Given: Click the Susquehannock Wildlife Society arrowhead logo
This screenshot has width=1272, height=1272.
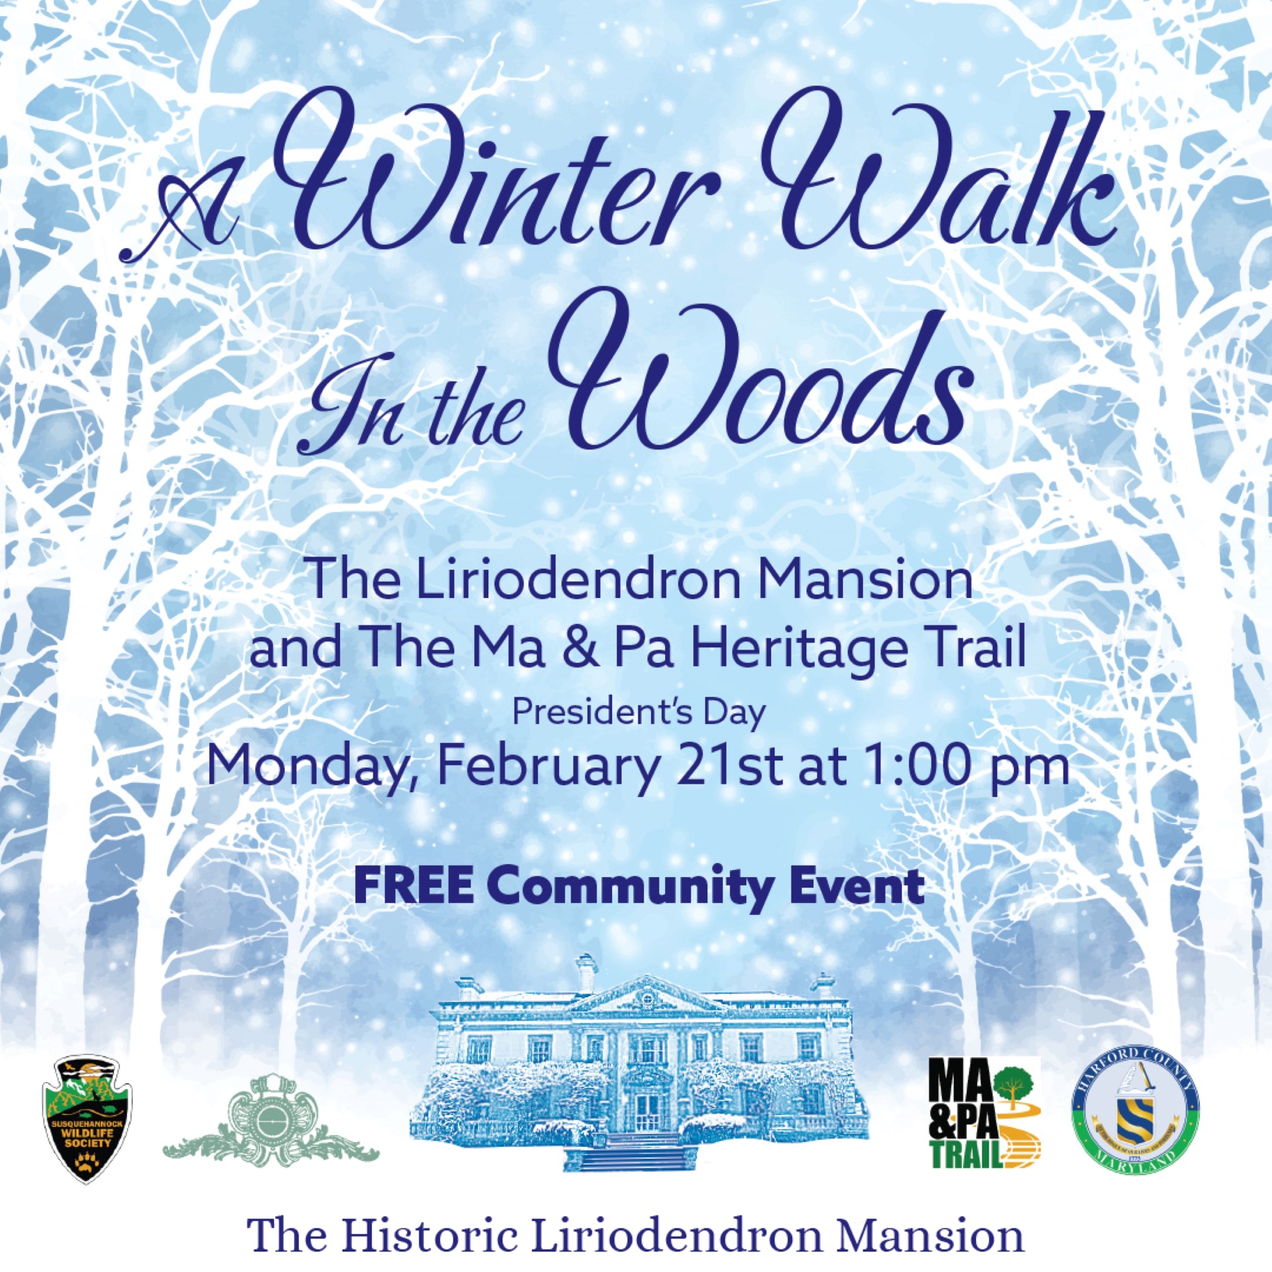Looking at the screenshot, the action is tap(87, 1118).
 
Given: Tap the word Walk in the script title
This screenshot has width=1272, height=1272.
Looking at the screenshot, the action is tap(940, 170).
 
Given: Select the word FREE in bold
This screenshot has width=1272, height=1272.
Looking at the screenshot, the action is tap(413, 885).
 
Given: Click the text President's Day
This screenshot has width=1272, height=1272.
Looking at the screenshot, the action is tap(639, 712).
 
